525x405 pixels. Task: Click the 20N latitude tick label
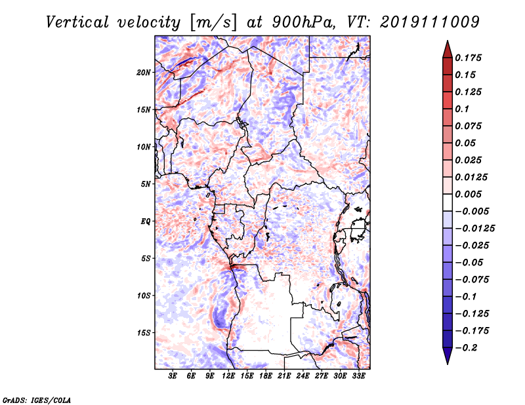(x=144, y=72)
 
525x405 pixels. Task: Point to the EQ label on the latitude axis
(x=146, y=222)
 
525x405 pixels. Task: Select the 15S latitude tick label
(x=144, y=333)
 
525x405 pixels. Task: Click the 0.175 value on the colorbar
(x=469, y=58)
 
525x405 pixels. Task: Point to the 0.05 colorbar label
(x=467, y=143)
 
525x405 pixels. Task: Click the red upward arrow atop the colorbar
(x=447, y=48)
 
